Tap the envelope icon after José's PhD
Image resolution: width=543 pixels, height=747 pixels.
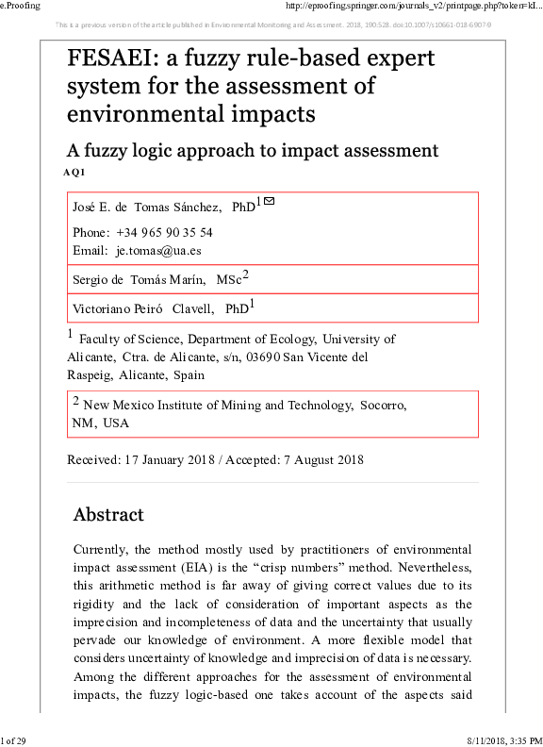coord(269,201)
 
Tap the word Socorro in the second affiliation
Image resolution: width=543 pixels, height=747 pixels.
coord(381,406)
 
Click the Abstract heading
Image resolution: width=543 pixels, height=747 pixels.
coord(108,515)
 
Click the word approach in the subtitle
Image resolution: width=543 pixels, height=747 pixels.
coord(244,150)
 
